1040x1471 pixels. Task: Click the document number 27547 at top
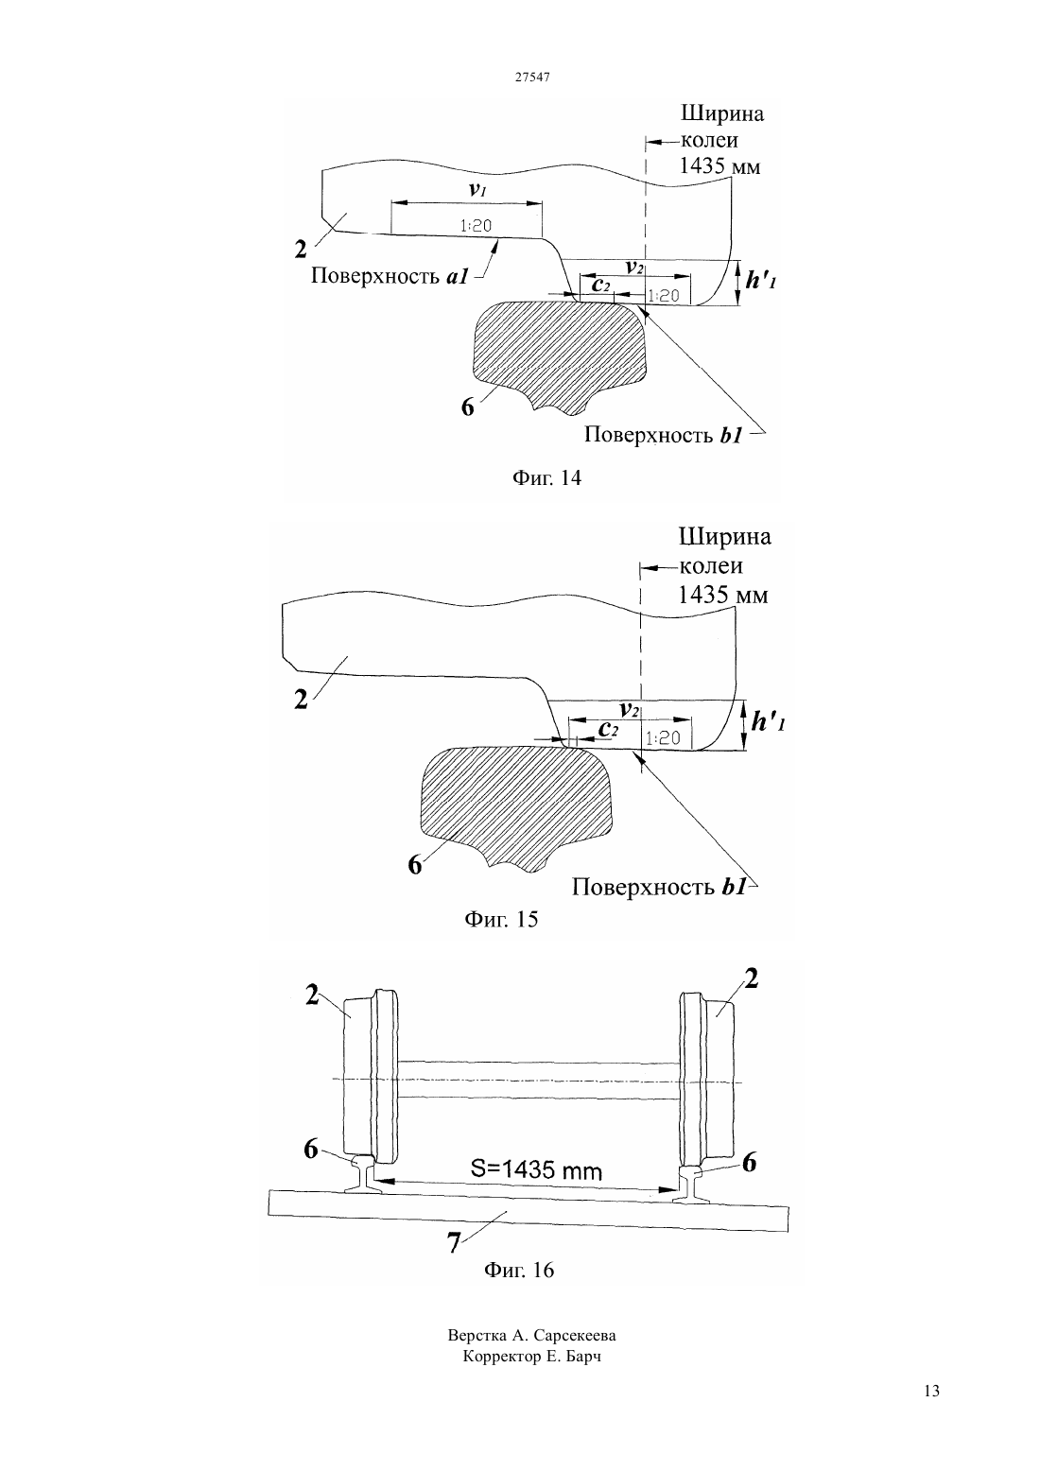pos(531,78)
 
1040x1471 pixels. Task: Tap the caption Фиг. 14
pos(546,477)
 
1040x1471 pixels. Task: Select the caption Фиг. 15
pos(501,919)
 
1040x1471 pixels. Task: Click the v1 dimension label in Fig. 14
pos(477,190)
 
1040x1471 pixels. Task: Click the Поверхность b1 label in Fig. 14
pos(663,435)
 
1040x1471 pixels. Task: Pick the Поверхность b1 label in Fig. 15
pos(659,887)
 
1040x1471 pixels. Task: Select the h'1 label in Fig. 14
pos(760,281)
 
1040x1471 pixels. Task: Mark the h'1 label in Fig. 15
pos(768,722)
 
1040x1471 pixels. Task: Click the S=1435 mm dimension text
pos(536,1169)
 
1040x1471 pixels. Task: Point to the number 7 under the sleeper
pos(454,1242)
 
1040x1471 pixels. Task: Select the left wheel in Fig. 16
pos(371,1077)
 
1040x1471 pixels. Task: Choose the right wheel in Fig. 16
pos(707,1077)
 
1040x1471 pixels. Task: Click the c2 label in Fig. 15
pos(609,729)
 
